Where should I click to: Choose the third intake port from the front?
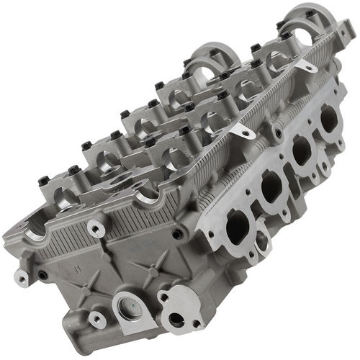[302, 150]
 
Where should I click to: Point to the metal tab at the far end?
[307, 67]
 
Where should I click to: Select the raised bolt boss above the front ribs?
[96, 228]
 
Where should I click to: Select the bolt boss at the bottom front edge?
[96, 317]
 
